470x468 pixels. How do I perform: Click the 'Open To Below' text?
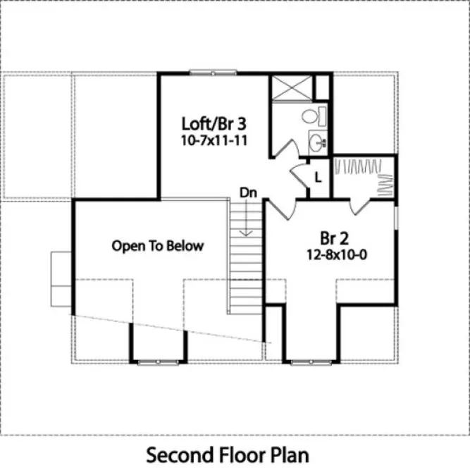157,246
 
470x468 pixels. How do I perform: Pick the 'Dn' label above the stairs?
247,191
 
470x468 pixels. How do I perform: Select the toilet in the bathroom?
312,116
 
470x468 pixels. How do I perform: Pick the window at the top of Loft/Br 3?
214,72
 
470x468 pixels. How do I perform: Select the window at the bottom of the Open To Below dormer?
158,362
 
